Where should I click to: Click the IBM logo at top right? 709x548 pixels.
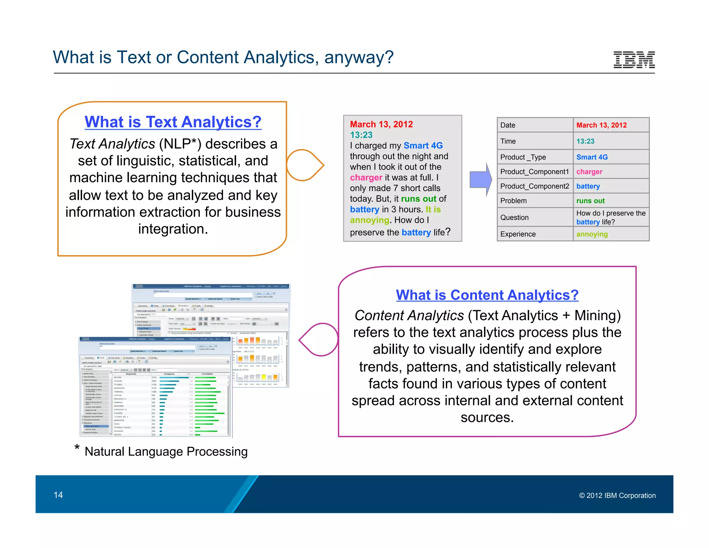634,60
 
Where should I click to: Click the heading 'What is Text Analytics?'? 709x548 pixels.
173,122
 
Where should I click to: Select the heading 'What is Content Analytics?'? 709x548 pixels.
487,295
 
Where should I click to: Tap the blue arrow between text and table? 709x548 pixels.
481,179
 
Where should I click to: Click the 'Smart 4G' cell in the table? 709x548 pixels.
592,157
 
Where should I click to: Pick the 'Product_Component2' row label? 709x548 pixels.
534,186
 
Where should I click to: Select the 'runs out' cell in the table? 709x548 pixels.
590,201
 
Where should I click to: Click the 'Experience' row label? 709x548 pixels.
518,234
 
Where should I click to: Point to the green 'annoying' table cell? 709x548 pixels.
592,234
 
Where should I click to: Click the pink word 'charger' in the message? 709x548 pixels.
366,178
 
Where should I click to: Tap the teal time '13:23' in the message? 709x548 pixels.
361,135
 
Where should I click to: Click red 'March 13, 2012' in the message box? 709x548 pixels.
381,124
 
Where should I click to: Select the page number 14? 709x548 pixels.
58,495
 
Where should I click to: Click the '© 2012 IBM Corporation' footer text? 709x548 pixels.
617,496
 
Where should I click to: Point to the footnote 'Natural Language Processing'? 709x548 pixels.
166,452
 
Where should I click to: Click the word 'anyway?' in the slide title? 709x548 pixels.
359,58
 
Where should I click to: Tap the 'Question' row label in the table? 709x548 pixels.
514,218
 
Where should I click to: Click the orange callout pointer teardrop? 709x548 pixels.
304,166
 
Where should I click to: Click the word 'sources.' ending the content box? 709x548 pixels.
487,417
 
